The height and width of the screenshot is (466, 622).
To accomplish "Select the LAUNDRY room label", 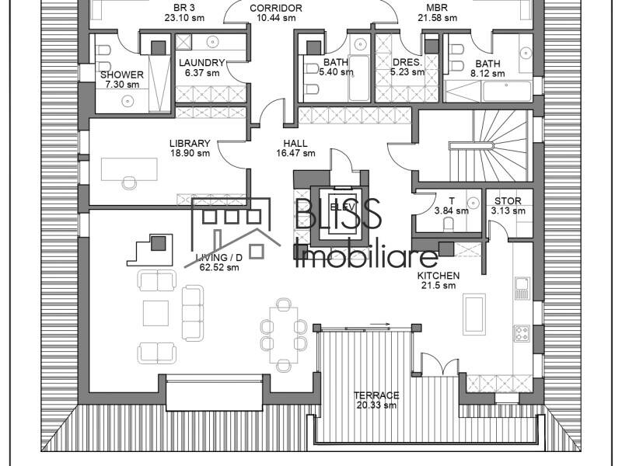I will point(201,68).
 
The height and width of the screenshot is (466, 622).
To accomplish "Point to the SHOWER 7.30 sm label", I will point(122,79).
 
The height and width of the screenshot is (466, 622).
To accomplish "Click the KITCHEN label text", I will point(438,280).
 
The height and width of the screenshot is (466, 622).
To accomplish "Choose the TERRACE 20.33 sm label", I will point(376,400).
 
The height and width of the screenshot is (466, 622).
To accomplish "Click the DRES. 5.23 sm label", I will point(407,67).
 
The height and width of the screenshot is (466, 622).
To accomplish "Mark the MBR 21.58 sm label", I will point(436,12).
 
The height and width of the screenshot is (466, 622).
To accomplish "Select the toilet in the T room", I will point(449,224).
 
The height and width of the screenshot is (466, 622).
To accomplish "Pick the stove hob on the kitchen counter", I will point(522,334).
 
